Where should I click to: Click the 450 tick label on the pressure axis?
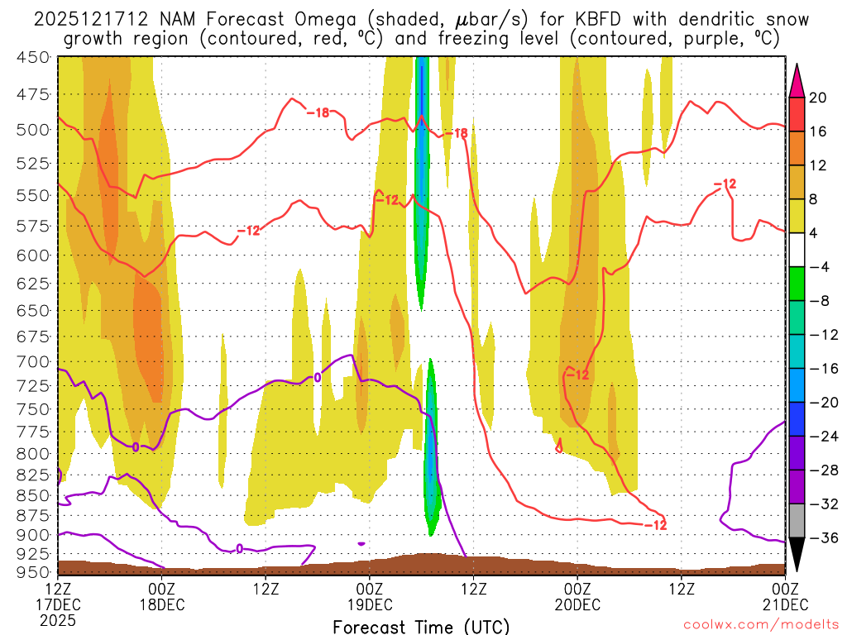coord(33,57)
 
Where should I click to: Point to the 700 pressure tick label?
coord(33,361)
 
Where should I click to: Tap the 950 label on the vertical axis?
coord(33,572)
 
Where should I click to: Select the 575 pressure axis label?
coord(33,226)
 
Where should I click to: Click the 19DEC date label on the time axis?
coord(369,604)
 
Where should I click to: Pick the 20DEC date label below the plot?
coord(577,604)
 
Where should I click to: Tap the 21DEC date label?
coord(784,604)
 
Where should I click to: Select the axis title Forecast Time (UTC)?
coord(421,626)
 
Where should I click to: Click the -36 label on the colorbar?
coord(820,538)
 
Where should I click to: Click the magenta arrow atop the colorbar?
coord(797,78)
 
